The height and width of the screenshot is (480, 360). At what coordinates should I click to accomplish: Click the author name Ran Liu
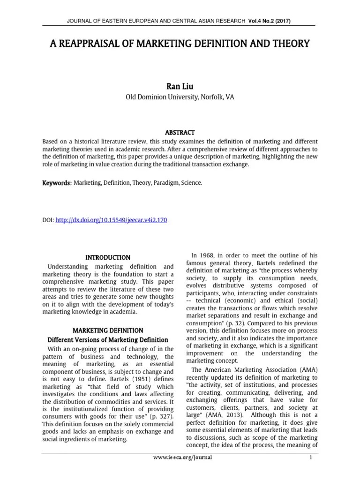(180, 86)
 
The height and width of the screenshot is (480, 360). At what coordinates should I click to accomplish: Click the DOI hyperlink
(111, 219)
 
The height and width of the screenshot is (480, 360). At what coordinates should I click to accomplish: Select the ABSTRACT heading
(180, 133)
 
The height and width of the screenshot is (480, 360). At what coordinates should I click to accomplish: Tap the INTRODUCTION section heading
(108, 258)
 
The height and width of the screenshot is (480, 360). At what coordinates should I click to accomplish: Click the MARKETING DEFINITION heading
(108, 330)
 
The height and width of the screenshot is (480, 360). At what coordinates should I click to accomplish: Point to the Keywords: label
(57, 183)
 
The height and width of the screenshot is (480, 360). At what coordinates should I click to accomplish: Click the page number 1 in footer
(311, 457)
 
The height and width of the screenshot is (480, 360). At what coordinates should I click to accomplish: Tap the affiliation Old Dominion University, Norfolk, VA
(180, 97)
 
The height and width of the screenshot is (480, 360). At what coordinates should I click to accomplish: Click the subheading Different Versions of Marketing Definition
(108, 340)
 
